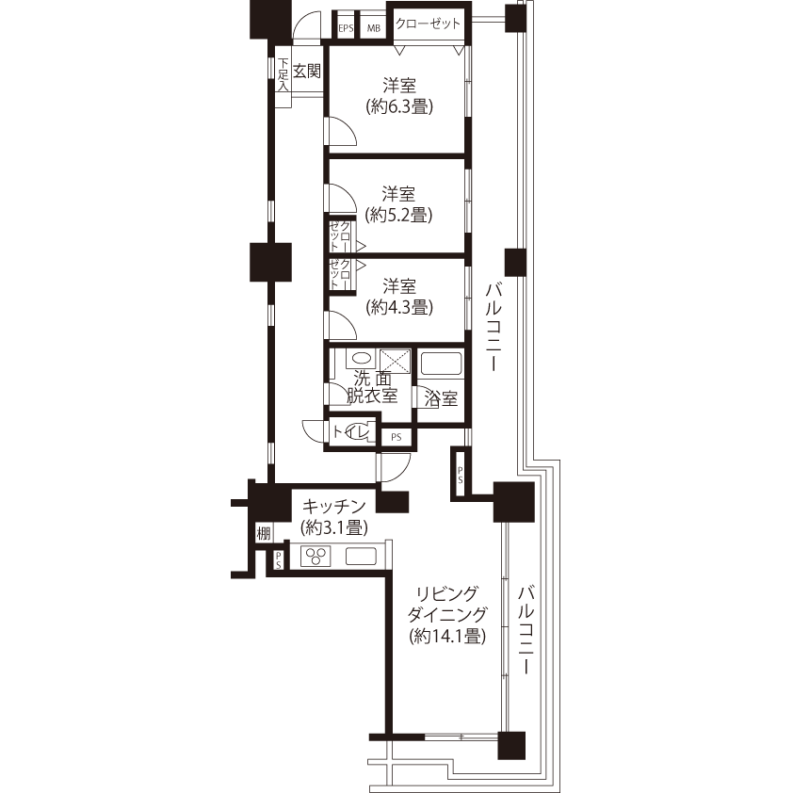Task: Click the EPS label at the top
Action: (346, 28)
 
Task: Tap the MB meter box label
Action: (374, 28)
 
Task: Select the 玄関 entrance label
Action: (307, 72)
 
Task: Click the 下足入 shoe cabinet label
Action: (283, 74)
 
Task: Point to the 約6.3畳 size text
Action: (399, 106)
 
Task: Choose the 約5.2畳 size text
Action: (399, 215)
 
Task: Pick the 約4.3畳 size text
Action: (399, 307)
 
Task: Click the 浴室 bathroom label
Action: (441, 399)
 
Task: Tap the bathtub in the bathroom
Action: (441, 364)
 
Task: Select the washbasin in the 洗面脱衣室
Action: (361, 359)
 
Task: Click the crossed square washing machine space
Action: (395, 360)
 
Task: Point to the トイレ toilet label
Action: (352, 432)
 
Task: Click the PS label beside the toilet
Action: (396, 437)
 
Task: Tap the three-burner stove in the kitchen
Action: (316, 557)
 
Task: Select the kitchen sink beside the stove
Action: (361, 557)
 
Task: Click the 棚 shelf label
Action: (264, 533)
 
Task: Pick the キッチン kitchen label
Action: (334, 507)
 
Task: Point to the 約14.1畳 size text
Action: (448, 636)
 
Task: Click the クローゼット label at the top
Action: (428, 24)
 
